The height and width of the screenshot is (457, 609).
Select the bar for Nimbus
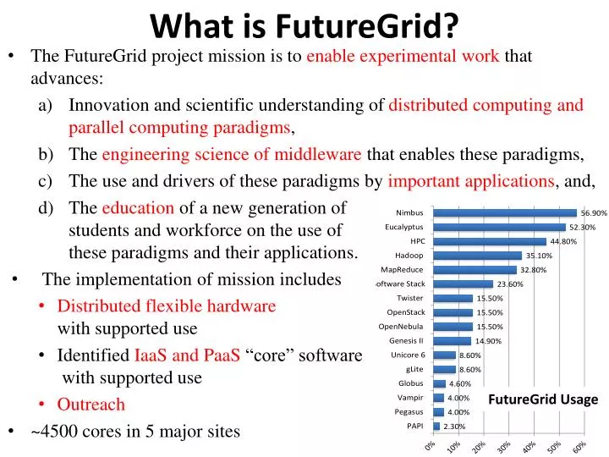tap(504, 213)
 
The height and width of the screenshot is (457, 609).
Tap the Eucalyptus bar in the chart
tap(499, 227)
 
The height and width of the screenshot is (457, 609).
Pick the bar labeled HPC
tap(489, 241)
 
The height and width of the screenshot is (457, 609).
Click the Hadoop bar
tap(477, 256)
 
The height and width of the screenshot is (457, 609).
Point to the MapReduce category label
tap(402, 270)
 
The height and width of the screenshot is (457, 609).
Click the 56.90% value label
tap(594, 213)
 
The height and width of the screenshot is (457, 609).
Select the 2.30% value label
tap(455, 427)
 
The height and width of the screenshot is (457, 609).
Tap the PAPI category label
tap(414, 426)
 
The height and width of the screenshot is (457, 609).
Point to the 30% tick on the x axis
tap(503, 446)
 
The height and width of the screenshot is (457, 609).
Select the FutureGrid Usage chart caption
tap(543, 399)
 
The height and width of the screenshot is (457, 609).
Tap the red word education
tap(138, 208)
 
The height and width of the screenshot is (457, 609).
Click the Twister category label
tap(410, 298)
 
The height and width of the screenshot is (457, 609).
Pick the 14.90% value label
tap(488, 341)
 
